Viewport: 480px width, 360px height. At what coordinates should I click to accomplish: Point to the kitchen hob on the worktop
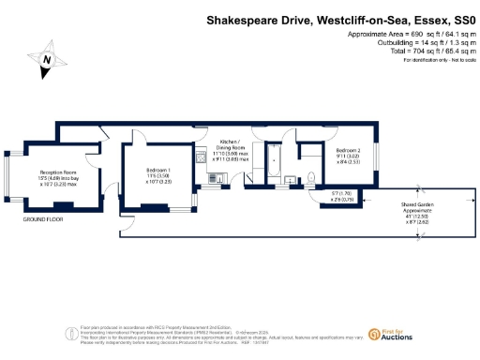point(201,159)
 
